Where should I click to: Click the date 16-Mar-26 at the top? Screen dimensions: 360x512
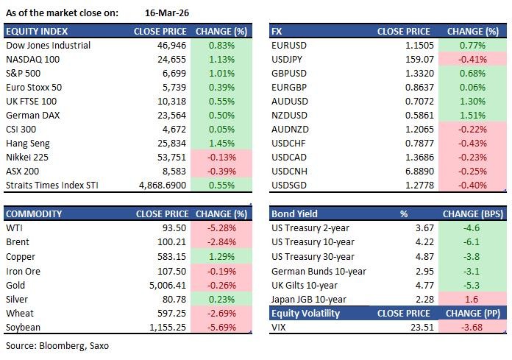[x=164, y=13]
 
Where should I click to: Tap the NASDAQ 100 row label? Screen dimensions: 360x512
[x=34, y=59]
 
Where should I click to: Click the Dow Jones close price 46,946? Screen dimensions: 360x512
[x=170, y=46]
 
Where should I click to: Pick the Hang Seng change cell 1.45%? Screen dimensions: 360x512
[x=221, y=142]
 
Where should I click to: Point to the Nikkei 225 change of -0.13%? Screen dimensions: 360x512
[x=221, y=156]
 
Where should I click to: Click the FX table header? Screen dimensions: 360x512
[x=277, y=32]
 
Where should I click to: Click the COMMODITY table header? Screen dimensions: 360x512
[x=36, y=214]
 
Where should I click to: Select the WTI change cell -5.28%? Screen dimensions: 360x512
[x=221, y=228]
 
